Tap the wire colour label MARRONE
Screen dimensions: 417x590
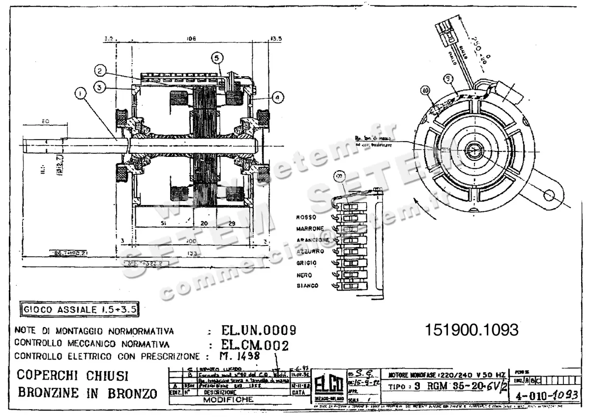click(x=310, y=229)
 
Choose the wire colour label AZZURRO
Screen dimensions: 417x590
click(x=310, y=251)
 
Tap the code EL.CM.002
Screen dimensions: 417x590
click(x=255, y=344)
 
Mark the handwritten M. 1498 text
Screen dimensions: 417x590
click(x=241, y=356)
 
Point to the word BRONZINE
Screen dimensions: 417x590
click(x=47, y=393)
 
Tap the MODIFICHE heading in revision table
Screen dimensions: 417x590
click(x=229, y=400)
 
